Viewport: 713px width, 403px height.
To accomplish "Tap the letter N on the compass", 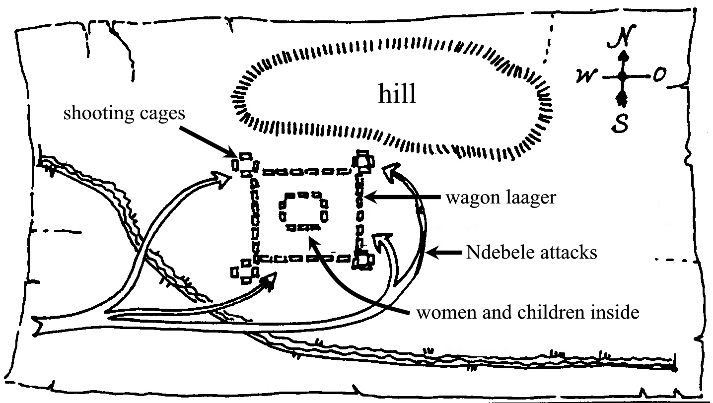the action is (622, 37).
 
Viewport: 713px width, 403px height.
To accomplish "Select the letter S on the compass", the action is (620, 123).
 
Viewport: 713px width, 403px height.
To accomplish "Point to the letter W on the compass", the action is (586, 76).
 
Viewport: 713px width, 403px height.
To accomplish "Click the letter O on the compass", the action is (659, 74).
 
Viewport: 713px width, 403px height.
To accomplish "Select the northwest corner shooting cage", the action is (245, 165).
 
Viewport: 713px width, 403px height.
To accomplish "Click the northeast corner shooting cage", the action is (363, 162).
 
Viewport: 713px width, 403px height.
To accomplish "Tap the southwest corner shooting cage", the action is (245, 271).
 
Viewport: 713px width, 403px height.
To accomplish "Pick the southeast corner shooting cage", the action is (362, 261).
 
